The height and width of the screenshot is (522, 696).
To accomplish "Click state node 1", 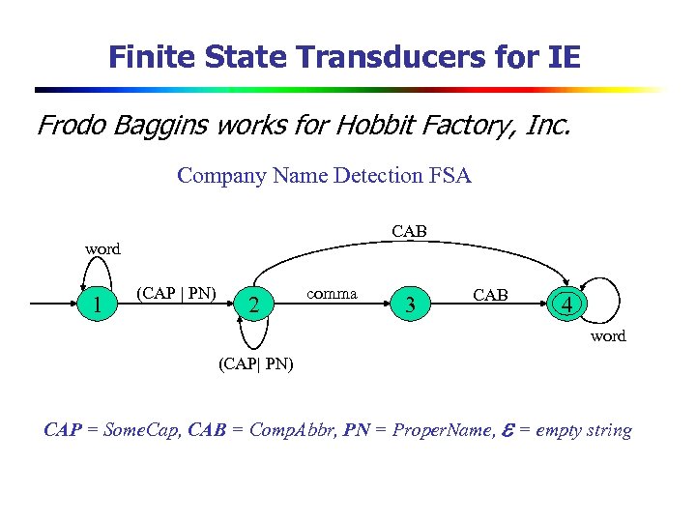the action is [x=98, y=304].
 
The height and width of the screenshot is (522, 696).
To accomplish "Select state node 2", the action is [x=253, y=305].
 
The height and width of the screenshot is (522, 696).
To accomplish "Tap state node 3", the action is [x=411, y=305].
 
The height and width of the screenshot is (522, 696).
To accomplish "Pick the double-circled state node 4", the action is [x=569, y=305].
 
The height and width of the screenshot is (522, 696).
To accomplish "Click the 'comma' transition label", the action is [x=332, y=293].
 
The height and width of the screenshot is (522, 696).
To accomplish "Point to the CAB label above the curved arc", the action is [x=409, y=231].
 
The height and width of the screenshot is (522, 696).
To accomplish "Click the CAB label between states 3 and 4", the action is [x=490, y=295].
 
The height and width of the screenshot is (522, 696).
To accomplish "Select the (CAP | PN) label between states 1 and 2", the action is [x=177, y=292].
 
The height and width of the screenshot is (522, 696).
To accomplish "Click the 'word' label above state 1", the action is [x=102, y=248].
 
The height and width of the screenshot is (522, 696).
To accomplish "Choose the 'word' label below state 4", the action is [x=608, y=336].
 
